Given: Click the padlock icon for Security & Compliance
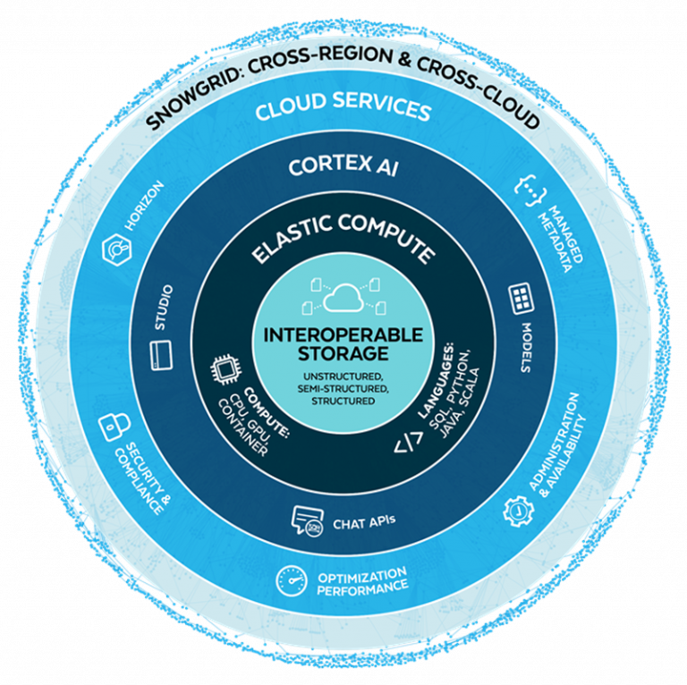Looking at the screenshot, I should tap(111, 422).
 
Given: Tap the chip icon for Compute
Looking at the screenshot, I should tap(221, 370).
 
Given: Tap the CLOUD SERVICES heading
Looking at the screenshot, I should tap(343, 110).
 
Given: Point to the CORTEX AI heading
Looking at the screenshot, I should tap(343, 168).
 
